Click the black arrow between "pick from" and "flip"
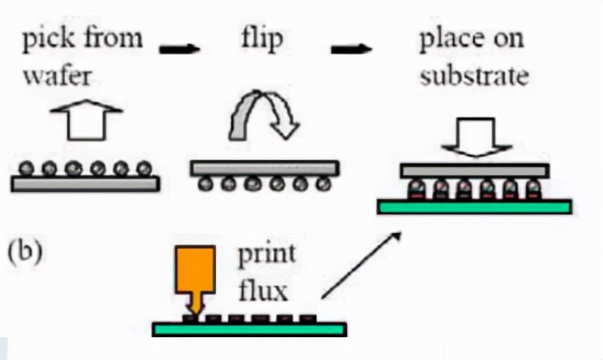(x=180, y=49)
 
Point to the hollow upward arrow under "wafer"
(x=85, y=120)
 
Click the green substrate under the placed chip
(x=474, y=207)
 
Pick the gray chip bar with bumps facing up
(x=86, y=184)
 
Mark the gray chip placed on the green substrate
(x=474, y=171)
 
